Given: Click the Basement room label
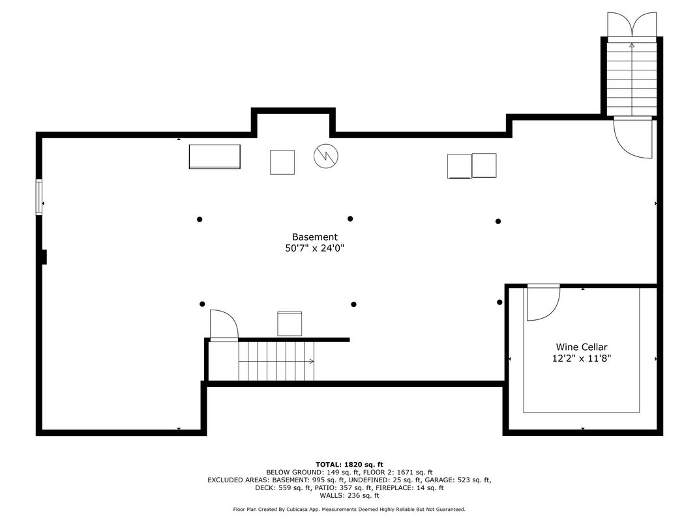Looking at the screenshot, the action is coord(315,237).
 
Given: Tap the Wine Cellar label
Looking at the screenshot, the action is coord(582,347).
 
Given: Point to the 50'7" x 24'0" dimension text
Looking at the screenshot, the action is coord(315,248).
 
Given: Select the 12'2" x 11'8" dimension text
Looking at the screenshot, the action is coord(582,358).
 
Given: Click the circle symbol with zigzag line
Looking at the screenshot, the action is coord(326,156).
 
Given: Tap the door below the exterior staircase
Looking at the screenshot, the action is coord(633,138).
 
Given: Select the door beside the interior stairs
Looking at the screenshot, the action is coord(224,325).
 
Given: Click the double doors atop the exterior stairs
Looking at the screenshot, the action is coord(632,24).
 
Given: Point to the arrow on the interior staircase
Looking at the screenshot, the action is coord(276,361).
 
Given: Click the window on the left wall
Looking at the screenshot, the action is coord(39,197).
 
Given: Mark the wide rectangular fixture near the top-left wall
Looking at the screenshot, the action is coord(215,156).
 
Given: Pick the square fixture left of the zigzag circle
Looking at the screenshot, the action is coord(282,162).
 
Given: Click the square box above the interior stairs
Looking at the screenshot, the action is coord(290,323).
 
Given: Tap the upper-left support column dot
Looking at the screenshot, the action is coord(200,219).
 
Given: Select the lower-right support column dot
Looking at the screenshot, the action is coord(499,302).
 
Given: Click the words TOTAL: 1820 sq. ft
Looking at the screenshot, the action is coord(349,465).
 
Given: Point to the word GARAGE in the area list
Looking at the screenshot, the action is coord(438,480).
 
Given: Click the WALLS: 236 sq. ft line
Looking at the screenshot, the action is coord(349,495).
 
